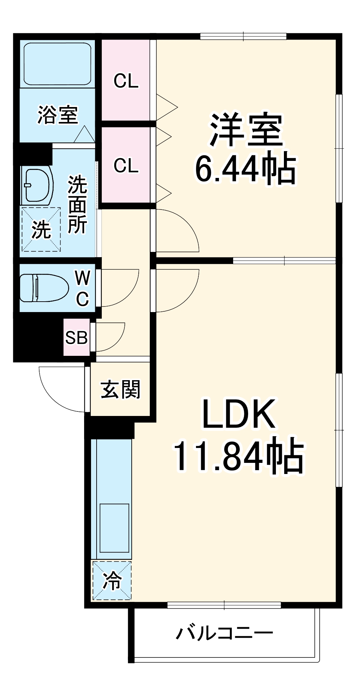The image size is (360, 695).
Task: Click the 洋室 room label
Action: point(245,130)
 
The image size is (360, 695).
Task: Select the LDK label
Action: point(239,414)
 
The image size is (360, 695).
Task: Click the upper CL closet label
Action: point(126,81)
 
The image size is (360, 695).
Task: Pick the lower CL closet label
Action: point(126,166)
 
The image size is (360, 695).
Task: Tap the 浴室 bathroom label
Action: point(58,115)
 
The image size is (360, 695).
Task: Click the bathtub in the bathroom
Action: point(58,64)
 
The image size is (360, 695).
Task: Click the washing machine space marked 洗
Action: point(41,230)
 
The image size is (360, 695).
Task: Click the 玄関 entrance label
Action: point(120,390)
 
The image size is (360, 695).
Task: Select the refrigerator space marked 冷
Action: point(112,581)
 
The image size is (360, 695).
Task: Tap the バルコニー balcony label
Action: point(224,633)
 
